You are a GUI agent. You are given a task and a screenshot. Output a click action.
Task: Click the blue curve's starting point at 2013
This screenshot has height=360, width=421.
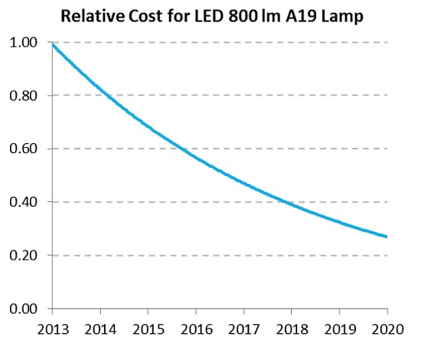pos(53,44)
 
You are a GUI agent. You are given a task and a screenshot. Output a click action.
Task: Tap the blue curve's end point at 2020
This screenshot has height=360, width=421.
pos(387,237)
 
